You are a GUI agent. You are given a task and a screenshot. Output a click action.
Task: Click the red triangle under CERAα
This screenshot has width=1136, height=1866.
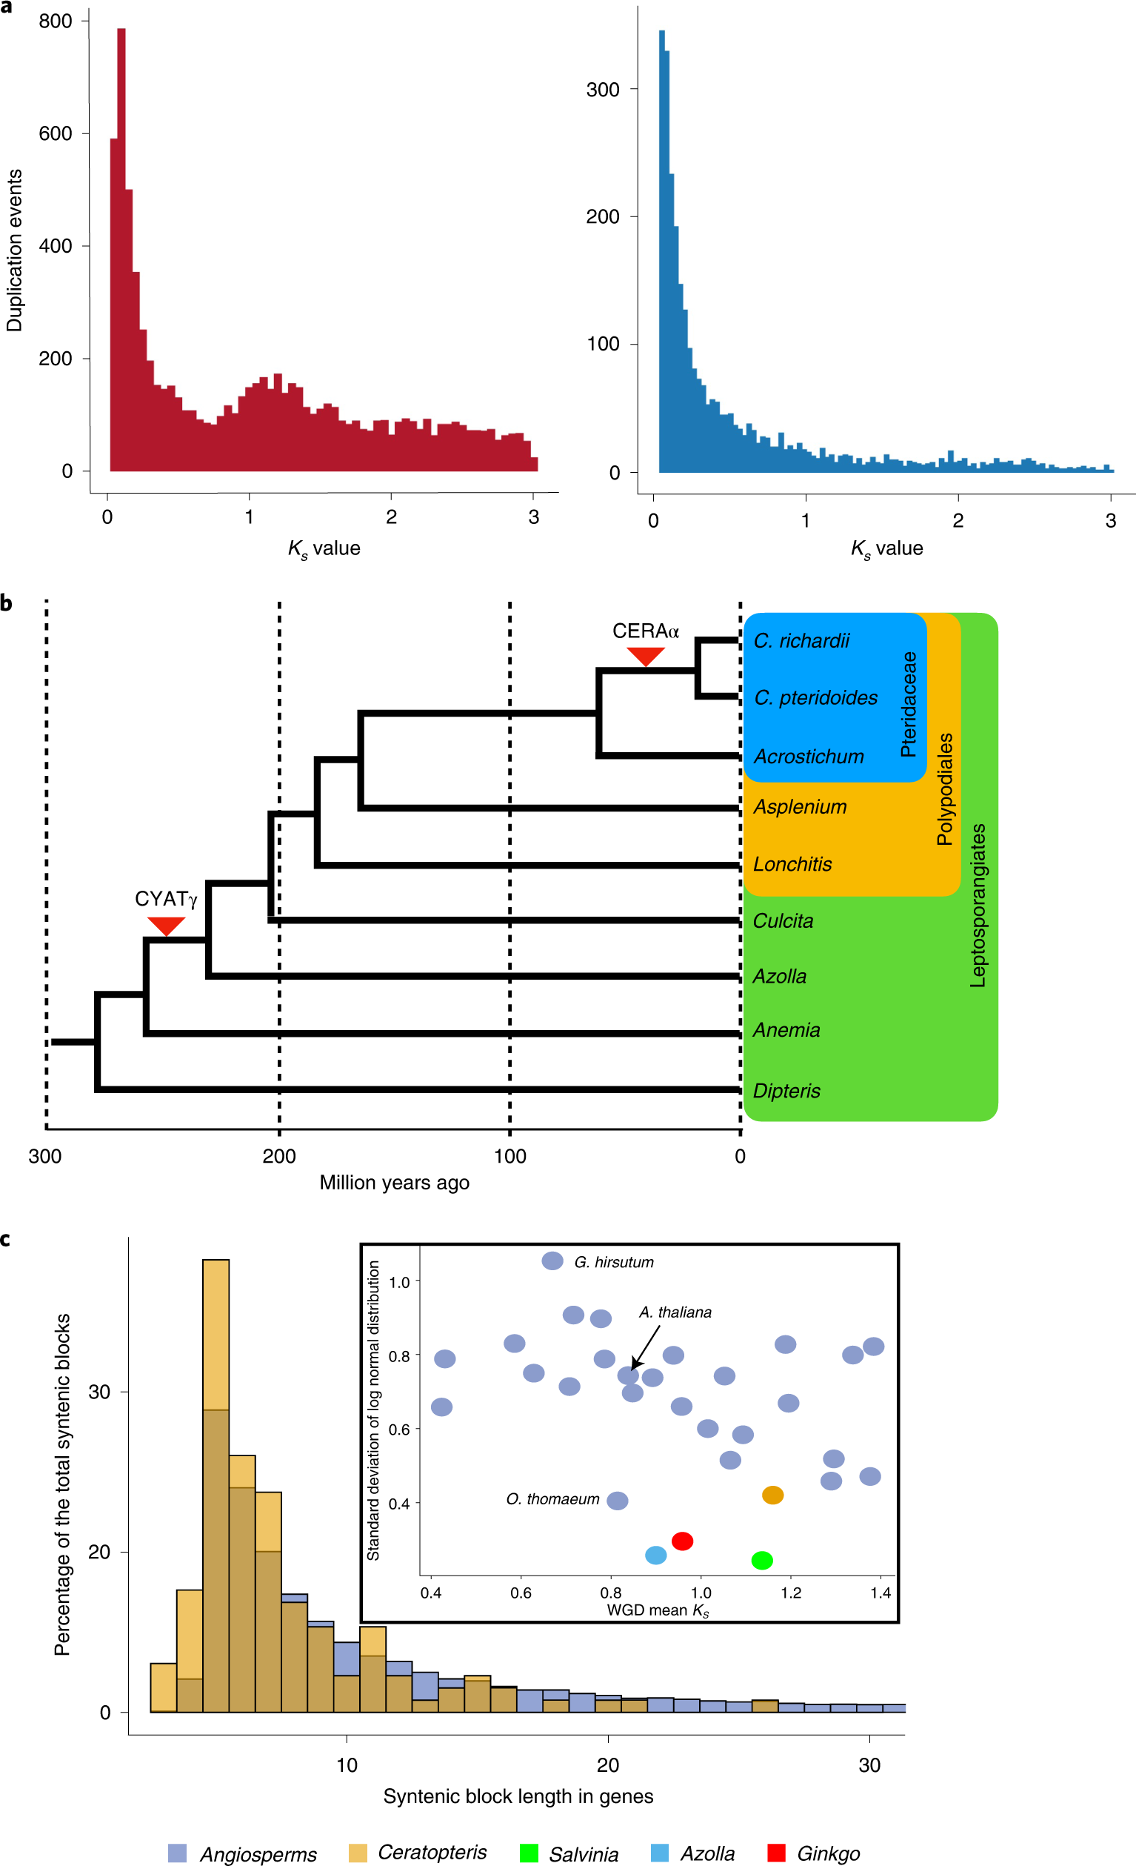(x=645, y=655)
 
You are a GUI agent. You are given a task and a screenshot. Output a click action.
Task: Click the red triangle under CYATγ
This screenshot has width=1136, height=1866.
(x=166, y=925)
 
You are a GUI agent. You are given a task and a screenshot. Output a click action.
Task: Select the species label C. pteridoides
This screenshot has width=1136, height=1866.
(x=815, y=697)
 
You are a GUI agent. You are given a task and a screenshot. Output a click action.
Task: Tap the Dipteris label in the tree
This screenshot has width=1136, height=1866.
(x=786, y=1091)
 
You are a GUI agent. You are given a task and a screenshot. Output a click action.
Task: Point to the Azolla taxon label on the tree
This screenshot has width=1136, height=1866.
(x=779, y=976)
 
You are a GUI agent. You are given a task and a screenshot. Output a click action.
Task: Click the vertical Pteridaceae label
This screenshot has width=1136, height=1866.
(x=908, y=703)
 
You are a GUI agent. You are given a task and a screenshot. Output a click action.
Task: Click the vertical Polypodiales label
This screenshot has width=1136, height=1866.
(x=944, y=788)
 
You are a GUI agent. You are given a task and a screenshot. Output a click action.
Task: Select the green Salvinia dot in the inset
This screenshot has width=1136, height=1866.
(x=761, y=1560)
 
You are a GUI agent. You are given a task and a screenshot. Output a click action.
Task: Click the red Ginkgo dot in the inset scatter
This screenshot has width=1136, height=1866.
(x=682, y=1541)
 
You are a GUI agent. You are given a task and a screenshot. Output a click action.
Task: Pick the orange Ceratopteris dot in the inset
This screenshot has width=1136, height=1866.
(x=772, y=1495)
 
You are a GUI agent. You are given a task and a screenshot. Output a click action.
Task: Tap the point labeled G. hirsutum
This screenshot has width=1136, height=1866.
(x=552, y=1261)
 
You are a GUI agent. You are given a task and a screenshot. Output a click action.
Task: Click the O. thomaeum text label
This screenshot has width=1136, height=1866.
(x=552, y=1498)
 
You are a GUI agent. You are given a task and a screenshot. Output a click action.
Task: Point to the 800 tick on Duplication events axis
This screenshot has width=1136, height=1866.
(x=56, y=21)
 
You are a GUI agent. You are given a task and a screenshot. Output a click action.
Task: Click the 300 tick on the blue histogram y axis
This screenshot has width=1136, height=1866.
(x=603, y=90)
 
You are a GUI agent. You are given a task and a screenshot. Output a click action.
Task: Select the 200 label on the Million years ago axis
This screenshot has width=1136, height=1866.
(x=278, y=1156)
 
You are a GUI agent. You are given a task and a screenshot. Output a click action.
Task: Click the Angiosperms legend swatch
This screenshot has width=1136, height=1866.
(x=177, y=1853)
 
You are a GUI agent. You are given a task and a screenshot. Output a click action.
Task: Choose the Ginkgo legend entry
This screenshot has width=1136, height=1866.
(x=828, y=1853)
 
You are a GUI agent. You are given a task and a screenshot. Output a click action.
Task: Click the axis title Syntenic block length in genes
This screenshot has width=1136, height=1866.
(x=518, y=1796)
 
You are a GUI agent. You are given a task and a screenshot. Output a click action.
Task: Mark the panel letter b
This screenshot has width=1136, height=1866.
(x=7, y=603)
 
